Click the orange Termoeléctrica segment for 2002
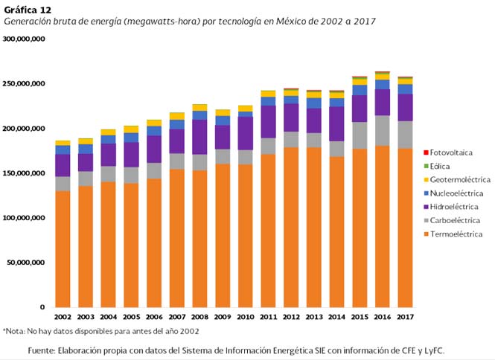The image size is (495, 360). click(63, 249)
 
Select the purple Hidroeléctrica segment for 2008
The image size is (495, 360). click(199, 137)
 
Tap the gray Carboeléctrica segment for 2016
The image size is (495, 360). click(383, 130)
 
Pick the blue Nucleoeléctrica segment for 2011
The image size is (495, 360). click(268, 101)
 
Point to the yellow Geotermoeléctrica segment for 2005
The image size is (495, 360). click(131, 129)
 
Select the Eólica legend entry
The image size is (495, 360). click(436, 166)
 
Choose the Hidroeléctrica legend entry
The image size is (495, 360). click(448, 207)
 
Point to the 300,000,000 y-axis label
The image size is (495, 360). click(25, 39)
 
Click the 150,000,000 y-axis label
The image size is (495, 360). click(25, 173)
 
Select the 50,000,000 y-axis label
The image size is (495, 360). click(28, 263)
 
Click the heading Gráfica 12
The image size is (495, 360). click(28, 9)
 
